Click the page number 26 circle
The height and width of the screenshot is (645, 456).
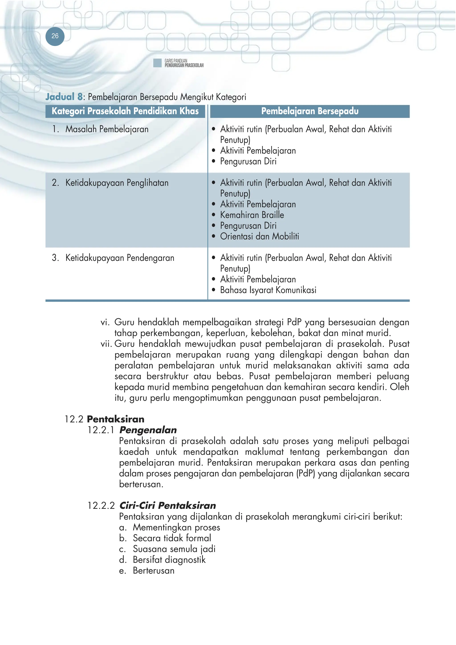[x=55, y=36]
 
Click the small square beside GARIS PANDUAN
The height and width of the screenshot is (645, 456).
[x=157, y=63]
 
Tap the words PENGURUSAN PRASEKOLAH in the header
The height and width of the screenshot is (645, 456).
[x=184, y=65]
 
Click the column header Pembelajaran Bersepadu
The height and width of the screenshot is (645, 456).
[x=310, y=111]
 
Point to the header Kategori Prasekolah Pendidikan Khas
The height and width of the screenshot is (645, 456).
[x=125, y=111]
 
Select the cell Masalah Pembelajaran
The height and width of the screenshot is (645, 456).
[x=107, y=129]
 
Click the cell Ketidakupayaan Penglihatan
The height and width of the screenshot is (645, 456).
[x=117, y=183]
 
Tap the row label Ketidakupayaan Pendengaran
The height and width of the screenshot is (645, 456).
[x=120, y=258]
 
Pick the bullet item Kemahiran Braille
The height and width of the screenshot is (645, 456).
[x=252, y=215]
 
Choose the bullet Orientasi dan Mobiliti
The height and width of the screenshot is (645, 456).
[x=259, y=236]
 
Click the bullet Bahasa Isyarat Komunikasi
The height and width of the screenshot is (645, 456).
[x=268, y=290]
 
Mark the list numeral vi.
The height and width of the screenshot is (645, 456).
[x=105, y=322]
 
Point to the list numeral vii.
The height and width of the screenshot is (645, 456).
[x=106, y=344]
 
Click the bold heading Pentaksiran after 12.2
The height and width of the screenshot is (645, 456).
[x=116, y=419]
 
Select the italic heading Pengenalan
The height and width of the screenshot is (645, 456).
[x=148, y=430]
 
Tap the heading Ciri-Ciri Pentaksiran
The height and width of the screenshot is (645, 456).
[x=167, y=505]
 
